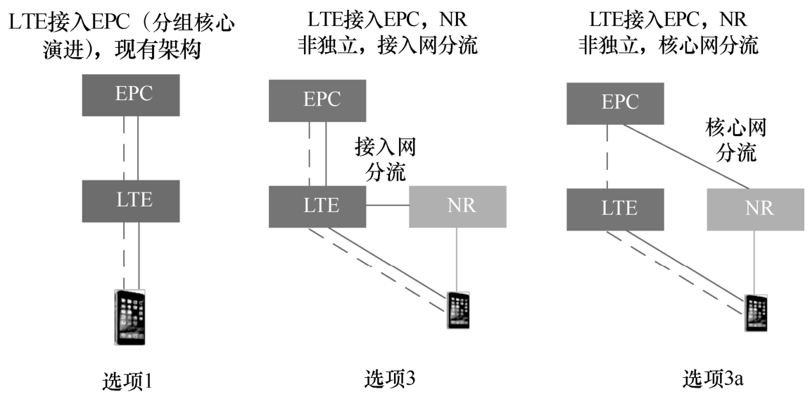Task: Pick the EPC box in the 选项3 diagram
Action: click(317, 100)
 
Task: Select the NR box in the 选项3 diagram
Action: click(457, 207)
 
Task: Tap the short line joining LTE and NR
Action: click(388, 206)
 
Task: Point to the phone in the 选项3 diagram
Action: click(458, 310)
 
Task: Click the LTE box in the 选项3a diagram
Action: click(614, 209)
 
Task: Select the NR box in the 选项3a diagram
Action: click(755, 209)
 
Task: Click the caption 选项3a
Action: click(712, 380)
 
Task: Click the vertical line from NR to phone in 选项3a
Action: click(755, 261)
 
